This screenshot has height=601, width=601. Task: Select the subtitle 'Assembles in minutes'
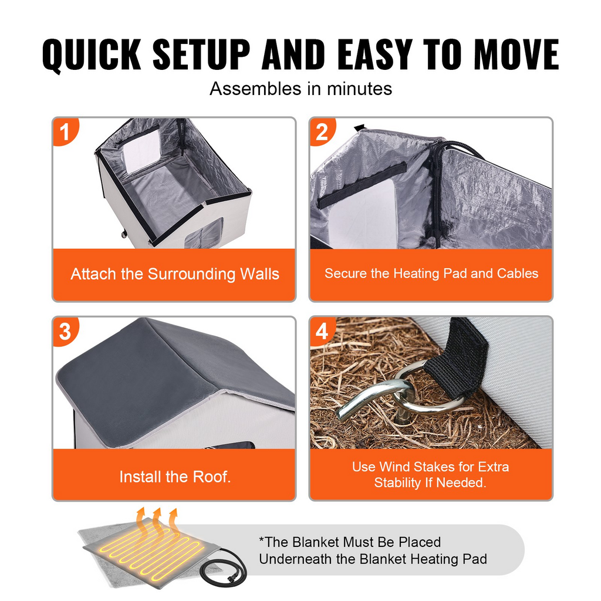(x=300, y=89)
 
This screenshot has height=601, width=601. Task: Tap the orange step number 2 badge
(x=321, y=131)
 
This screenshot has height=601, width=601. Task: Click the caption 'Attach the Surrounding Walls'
(x=175, y=274)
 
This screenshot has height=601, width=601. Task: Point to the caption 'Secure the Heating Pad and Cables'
(x=431, y=274)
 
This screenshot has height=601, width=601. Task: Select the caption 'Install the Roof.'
(x=175, y=477)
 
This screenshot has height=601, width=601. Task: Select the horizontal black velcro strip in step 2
(x=362, y=185)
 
